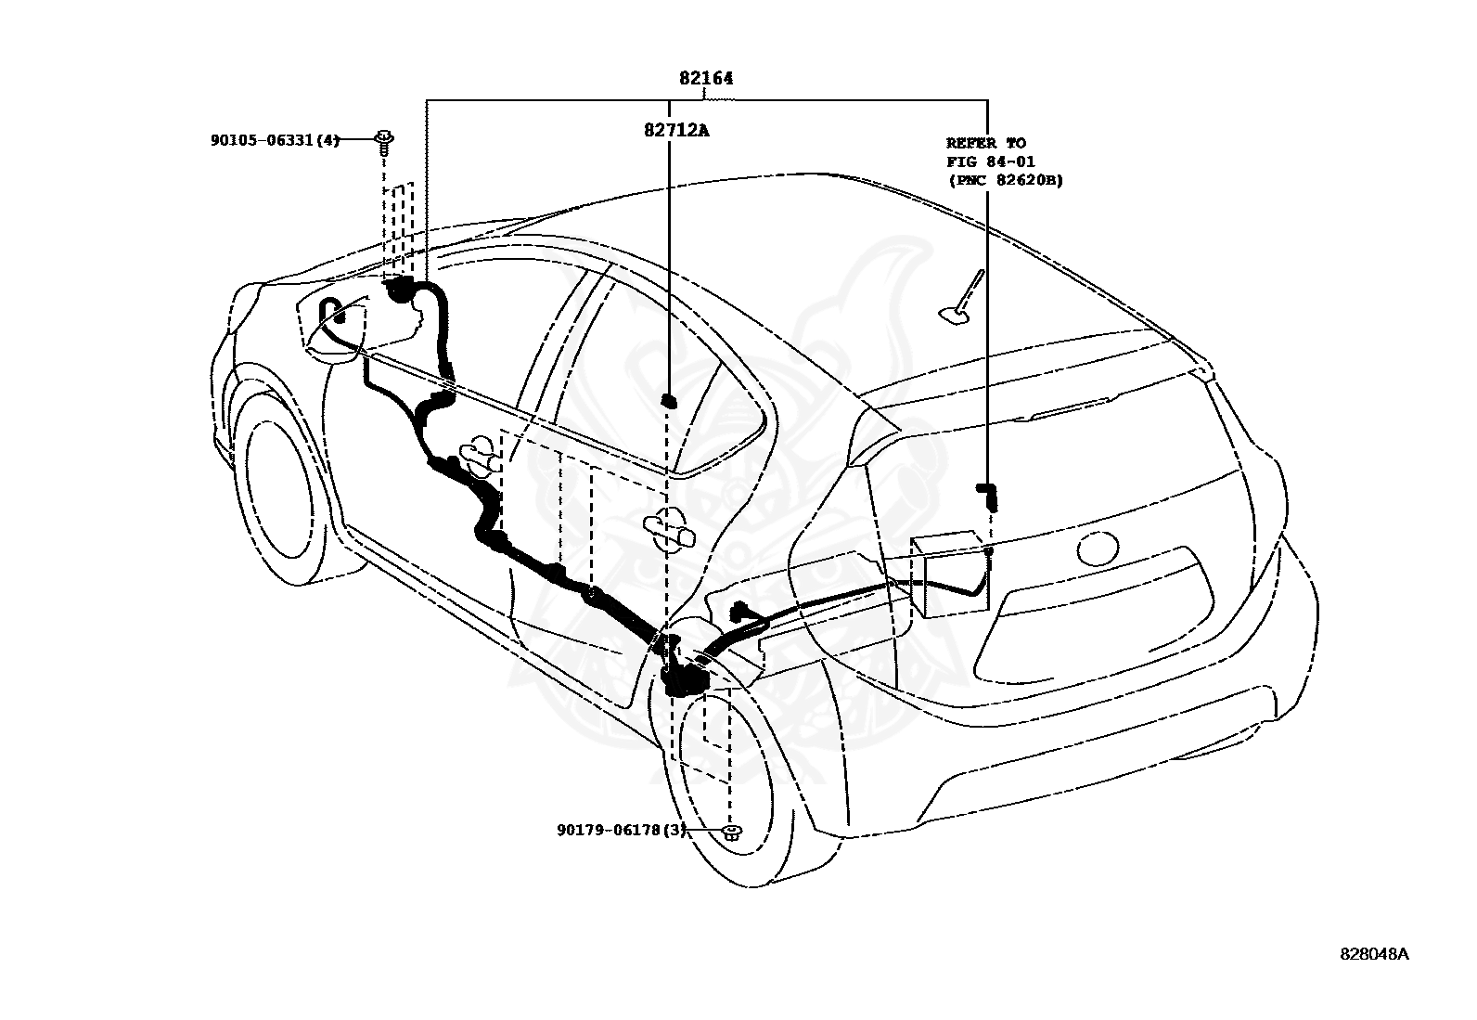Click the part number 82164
pos(706,79)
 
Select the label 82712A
pos(676,131)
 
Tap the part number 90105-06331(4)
pos(275,140)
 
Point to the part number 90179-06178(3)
pos(622,830)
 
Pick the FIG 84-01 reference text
pos(991,161)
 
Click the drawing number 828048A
pos(1374,973)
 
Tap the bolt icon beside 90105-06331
pos(384,143)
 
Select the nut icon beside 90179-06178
pos(730,832)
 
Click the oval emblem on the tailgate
pos(1098,549)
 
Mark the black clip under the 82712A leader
pos(669,401)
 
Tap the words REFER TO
pos(986,143)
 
